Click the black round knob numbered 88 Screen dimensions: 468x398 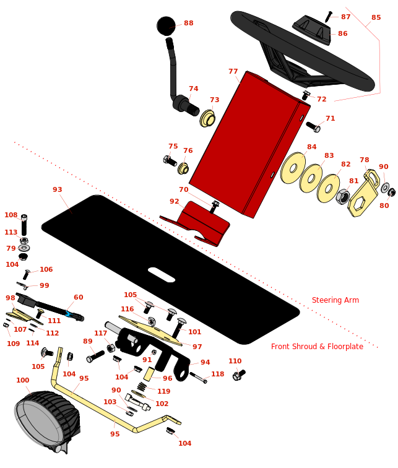coord(166,26)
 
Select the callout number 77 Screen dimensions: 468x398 coord(233,72)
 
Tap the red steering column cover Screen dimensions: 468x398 coord(248,142)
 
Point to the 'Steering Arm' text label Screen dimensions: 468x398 coord(335,300)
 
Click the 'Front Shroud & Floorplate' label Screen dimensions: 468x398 coord(317,347)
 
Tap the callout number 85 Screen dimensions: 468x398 coord(376,18)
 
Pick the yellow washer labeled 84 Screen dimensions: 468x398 coord(293,168)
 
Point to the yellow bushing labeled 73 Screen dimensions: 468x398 coord(207,118)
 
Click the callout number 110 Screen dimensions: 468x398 coord(235,362)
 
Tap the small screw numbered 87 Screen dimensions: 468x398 coord(328,17)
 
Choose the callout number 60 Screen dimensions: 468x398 coord(78,298)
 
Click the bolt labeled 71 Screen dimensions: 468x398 coord(313,127)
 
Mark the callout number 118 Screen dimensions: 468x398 coord(217,375)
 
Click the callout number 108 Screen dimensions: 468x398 coord(11,215)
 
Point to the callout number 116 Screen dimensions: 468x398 coord(127,310)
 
